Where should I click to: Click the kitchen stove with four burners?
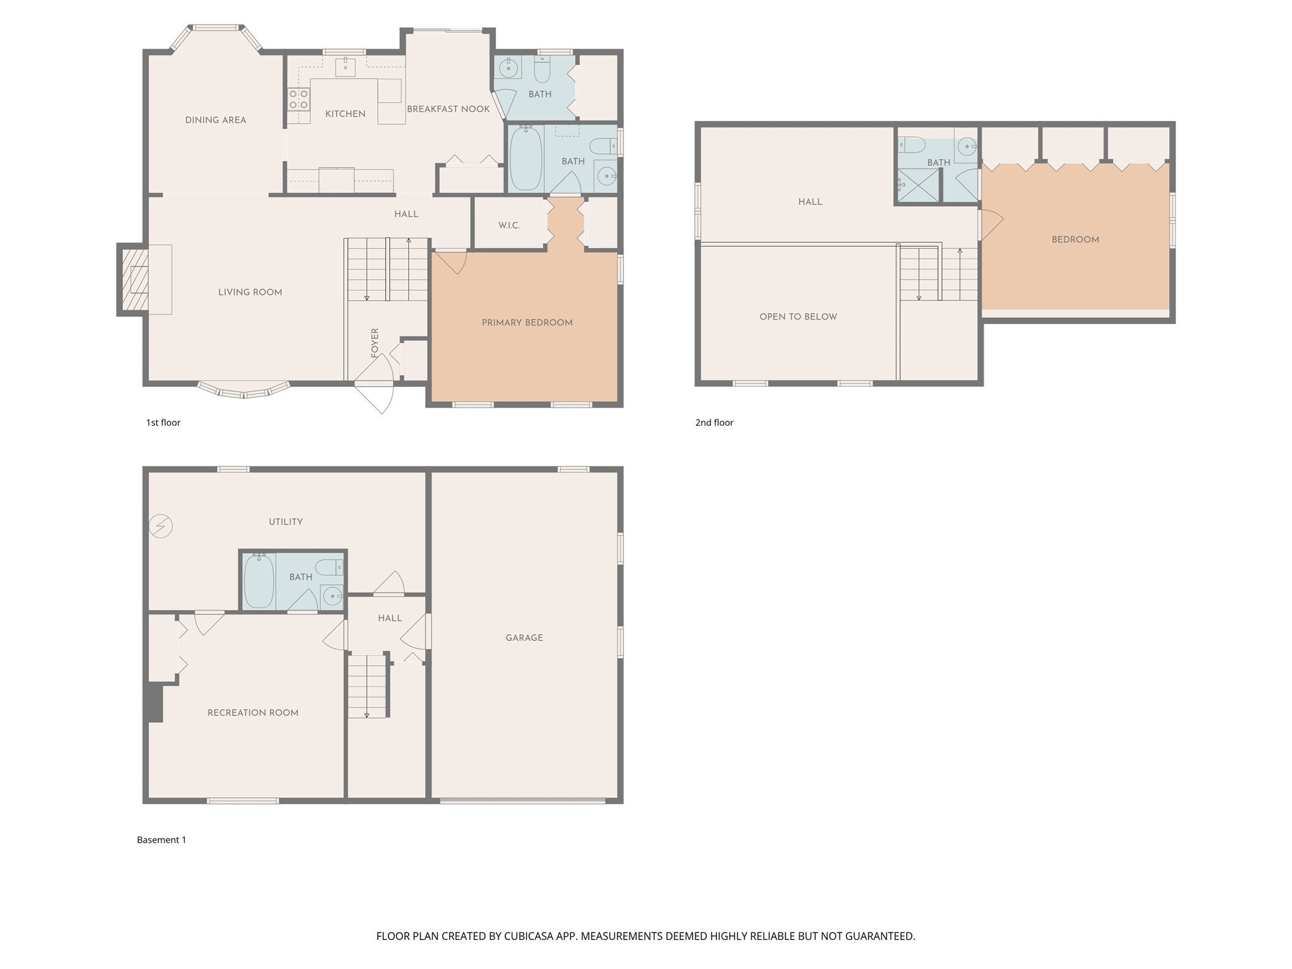point(299,99)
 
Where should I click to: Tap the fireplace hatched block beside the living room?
point(135,279)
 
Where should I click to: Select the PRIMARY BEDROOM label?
point(527,322)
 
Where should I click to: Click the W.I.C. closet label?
point(508,225)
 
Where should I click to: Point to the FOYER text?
point(375,343)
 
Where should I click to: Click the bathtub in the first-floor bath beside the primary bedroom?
point(526,158)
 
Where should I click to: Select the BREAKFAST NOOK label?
point(448,109)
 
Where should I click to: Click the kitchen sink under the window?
point(345,66)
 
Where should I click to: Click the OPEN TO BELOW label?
point(797,317)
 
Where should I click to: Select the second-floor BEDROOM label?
point(1075,240)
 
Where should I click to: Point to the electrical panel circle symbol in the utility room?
point(161,526)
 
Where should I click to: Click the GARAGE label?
point(524,638)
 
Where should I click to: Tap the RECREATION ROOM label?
point(252,713)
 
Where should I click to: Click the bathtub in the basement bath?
point(259,580)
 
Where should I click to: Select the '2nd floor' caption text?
point(714,423)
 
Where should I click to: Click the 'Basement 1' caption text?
point(161,840)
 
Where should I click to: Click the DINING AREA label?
point(215,120)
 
